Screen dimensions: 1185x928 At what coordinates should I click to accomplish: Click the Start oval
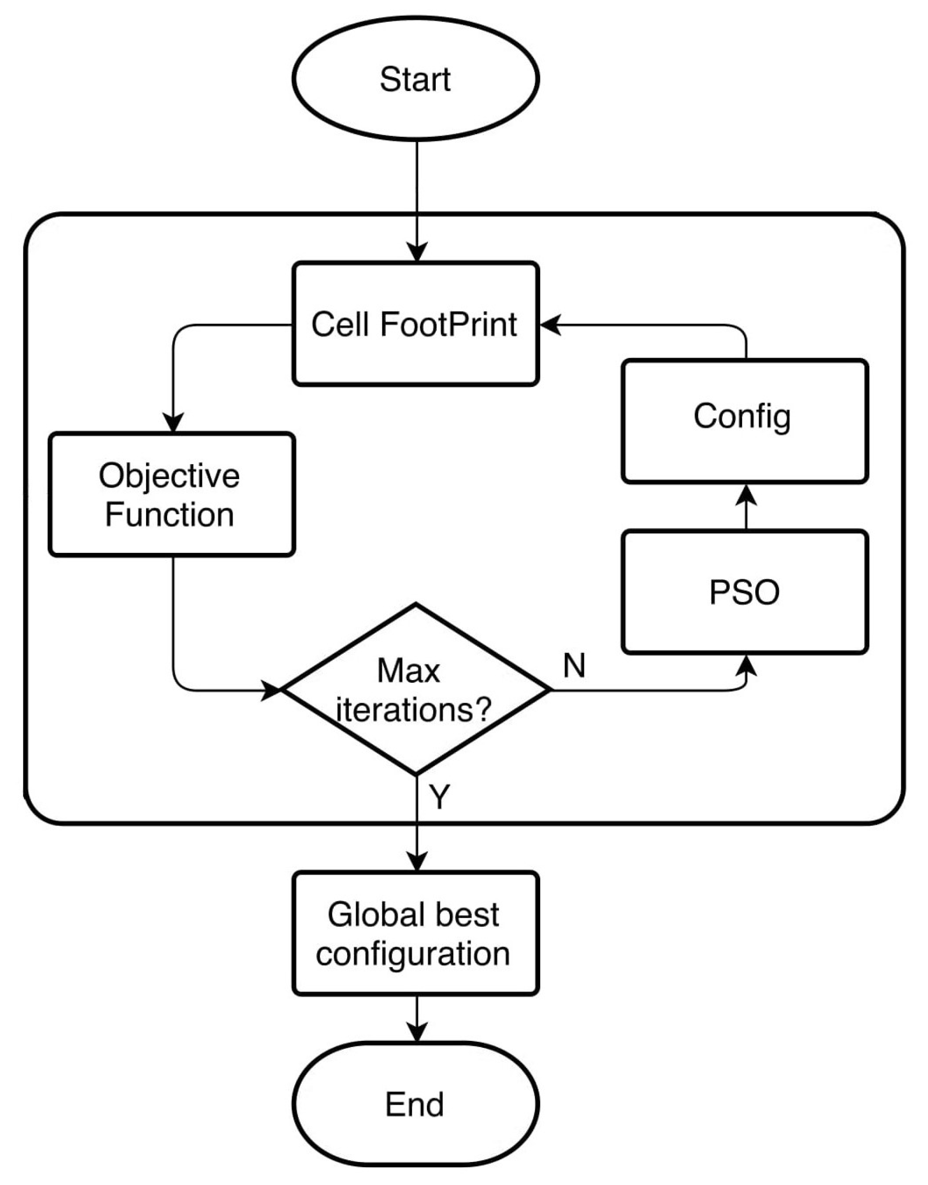(x=416, y=79)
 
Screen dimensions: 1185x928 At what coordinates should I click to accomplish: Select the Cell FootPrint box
(x=416, y=325)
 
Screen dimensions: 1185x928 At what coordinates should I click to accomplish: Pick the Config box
(x=745, y=421)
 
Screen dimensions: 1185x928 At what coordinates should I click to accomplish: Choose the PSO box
(x=745, y=592)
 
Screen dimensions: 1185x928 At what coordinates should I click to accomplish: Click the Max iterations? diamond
(x=416, y=690)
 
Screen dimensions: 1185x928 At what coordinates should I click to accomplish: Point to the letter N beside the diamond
(x=574, y=666)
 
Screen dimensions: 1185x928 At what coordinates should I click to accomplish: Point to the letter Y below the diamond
(x=440, y=797)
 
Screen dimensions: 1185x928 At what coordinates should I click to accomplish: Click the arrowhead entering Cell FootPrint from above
(x=417, y=253)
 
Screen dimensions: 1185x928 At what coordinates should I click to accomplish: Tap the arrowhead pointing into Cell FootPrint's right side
(x=550, y=325)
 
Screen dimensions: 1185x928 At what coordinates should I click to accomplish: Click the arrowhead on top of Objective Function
(x=173, y=423)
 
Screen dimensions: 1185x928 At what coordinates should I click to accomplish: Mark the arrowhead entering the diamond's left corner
(x=271, y=690)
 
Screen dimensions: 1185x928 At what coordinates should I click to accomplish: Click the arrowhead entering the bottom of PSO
(x=749, y=665)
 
